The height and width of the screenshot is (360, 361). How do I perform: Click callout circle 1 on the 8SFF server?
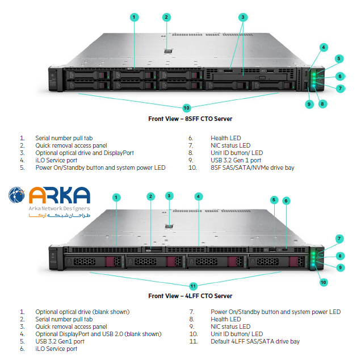pos(135,17)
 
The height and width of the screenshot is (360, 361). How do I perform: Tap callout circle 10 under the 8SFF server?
pos(187,107)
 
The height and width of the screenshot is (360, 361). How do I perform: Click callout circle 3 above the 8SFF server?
pos(242,17)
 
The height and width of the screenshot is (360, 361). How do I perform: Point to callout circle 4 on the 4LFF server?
pos(199,196)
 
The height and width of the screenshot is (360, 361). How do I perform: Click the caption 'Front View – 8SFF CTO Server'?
pos(190,119)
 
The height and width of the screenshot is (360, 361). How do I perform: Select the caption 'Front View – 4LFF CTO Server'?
pos(190,296)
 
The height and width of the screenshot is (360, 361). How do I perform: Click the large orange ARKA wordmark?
pos(58,195)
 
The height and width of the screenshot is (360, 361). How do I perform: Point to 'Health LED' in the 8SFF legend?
pos(226,138)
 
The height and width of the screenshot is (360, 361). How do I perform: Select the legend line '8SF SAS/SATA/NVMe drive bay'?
pos(253,168)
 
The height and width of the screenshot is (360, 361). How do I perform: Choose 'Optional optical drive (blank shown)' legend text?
pos(82,312)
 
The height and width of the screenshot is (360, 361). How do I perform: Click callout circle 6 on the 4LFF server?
pos(286,200)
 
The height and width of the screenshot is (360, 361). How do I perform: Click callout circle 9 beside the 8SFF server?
pos(309,104)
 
